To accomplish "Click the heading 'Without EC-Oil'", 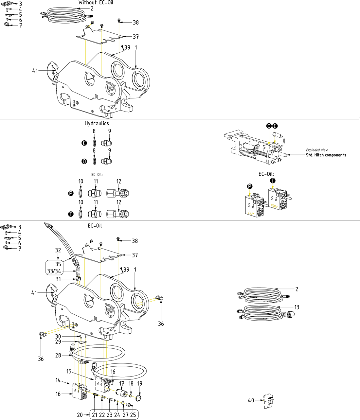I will pyautogui.click(x=96, y=3).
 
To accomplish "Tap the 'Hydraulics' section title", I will pyautogui.click(x=97, y=123).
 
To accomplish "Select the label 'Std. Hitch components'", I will pyautogui.click(x=326, y=155).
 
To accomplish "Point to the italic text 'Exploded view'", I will pyautogui.click(x=317, y=150).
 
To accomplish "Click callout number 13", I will pyautogui.click(x=297, y=307).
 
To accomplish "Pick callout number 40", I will pyautogui.click(x=251, y=400).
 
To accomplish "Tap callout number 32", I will pyautogui.click(x=58, y=250).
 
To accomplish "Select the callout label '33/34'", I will pyautogui.click(x=54, y=271).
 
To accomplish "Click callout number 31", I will pyautogui.click(x=58, y=279).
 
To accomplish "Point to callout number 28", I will pyautogui.click(x=58, y=355).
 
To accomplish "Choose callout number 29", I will pyautogui.click(x=58, y=342).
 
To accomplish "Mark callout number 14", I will pyautogui.click(x=58, y=380).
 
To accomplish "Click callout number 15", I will pyautogui.click(x=69, y=371).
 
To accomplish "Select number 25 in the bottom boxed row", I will pyautogui.click(x=133, y=415).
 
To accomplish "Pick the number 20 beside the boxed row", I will pyautogui.click(x=80, y=415).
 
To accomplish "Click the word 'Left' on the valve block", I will pyautogui.click(x=251, y=213).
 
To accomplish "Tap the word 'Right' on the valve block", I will pyautogui.click(x=274, y=206).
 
